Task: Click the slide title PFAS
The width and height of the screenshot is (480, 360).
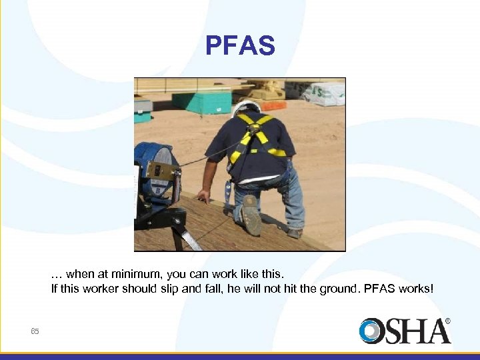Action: (x=240, y=46)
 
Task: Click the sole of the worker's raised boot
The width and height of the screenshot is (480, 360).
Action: (x=252, y=215)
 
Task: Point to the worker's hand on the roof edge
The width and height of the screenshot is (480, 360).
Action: (x=203, y=196)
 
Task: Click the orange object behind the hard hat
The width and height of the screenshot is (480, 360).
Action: (x=272, y=105)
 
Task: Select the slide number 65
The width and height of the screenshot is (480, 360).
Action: (x=35, y=331)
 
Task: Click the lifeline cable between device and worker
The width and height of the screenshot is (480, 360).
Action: (x=207, y=157)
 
